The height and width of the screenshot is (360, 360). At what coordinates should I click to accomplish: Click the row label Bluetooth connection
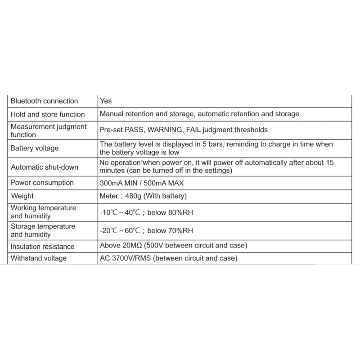(44, 101)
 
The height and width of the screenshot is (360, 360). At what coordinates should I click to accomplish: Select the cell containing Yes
(106, 101)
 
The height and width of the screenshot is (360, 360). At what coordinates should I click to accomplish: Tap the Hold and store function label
(48, 114)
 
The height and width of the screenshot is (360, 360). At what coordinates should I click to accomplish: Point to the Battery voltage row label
(35, 148)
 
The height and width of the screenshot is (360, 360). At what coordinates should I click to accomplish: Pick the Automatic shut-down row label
(45, 167)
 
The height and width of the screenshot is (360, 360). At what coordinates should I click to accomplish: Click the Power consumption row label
(42, 183)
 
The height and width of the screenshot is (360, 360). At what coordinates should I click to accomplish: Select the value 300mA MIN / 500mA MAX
(141, 183)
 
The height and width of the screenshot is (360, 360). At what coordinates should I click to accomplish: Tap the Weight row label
(22, 196)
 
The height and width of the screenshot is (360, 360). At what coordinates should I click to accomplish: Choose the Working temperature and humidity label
(43, 212)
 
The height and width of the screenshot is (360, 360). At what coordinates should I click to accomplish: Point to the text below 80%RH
(174, 212)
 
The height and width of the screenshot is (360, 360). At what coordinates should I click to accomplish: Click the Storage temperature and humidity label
(43, 230)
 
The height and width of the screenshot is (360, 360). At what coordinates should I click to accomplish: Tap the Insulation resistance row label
(43, 247)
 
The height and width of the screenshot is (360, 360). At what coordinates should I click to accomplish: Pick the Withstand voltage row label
(39, 258)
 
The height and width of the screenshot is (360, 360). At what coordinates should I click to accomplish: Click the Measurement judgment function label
(49, 130)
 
